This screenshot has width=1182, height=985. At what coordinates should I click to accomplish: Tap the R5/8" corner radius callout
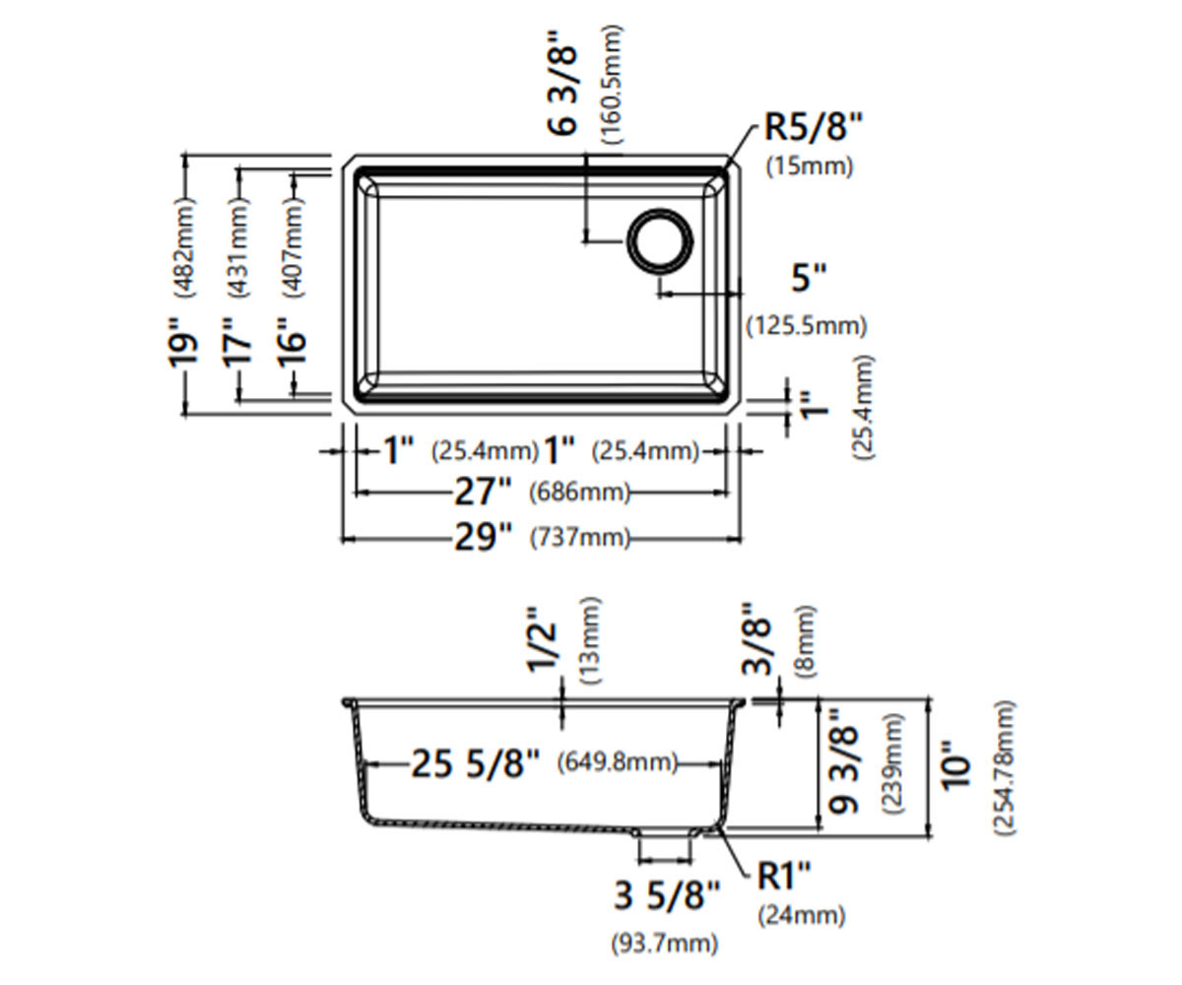[x=813, y=127]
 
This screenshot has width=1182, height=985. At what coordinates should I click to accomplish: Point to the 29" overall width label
[x=483, y=537]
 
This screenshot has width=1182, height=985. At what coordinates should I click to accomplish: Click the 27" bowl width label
[x=483, y=492]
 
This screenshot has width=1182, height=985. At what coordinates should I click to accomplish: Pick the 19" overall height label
[x=183, y=343]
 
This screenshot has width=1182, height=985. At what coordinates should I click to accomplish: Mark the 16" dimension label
[x=293, y=343]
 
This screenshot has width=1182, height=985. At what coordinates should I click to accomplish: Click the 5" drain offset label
[x=809, y=278]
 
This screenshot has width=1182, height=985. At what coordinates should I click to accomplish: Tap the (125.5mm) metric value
[x=807, y=326]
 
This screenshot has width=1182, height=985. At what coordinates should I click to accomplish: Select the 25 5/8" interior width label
[x=476, y=763]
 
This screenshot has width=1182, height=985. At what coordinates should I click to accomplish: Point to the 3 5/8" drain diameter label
[x=667, y=896]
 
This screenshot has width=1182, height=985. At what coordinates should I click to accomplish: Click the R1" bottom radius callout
[x=784, y=876]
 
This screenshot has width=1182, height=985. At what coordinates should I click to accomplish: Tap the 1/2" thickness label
[x=542, y=640]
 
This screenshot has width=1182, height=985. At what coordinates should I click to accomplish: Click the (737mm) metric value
[x=580, y=538]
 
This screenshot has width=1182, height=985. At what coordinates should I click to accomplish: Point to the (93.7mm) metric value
[x=665, y=944]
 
